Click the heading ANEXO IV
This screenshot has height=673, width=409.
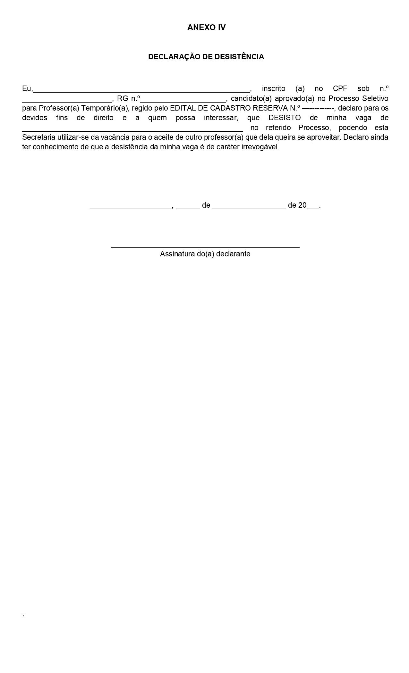[206, 28]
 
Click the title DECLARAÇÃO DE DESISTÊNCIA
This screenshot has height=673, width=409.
[206, 57]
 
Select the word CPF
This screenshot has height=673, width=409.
[340, 88]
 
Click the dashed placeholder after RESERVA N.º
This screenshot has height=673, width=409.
[318, 108]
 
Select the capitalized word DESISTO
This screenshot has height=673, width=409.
[285, 118]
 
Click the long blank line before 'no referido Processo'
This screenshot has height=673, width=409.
[132, 130]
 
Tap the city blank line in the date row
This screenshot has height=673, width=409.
[131, 208]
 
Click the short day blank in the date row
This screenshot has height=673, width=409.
[188, 208]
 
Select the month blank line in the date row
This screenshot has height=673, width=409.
[249, 208]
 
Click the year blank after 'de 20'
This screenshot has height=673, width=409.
[313, 208]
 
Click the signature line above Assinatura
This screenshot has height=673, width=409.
[205, 247]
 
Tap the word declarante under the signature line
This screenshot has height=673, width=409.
[233, 254]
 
